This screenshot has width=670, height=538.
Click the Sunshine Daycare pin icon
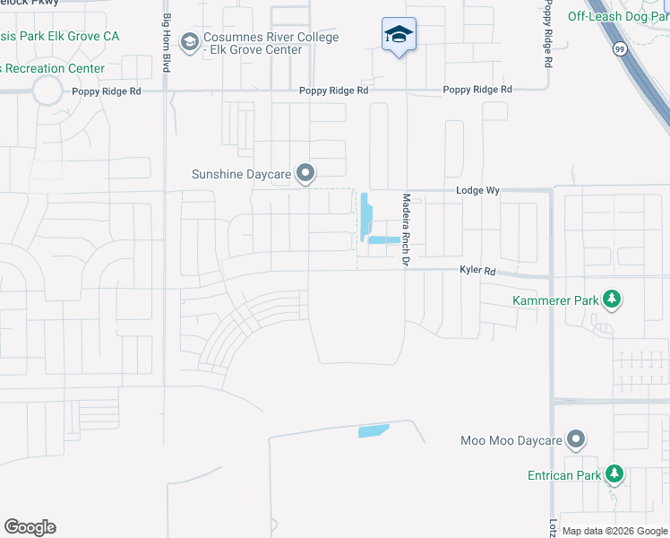306,173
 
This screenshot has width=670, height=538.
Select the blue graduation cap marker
399,35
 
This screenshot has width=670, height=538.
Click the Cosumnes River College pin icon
190,41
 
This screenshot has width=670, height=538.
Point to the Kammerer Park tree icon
612,299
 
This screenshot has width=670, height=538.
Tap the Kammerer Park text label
554,301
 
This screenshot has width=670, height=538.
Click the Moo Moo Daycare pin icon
577,439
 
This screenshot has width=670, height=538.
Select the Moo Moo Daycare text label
511,440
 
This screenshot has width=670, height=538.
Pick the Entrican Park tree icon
614,473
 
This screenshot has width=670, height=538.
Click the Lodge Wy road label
476,191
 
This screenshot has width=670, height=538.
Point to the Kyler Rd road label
477,271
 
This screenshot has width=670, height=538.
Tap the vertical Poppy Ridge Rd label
546,40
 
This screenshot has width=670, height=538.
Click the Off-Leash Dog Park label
618,16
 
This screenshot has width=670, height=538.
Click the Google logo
30,527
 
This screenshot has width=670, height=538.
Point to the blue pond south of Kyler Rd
374,430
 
